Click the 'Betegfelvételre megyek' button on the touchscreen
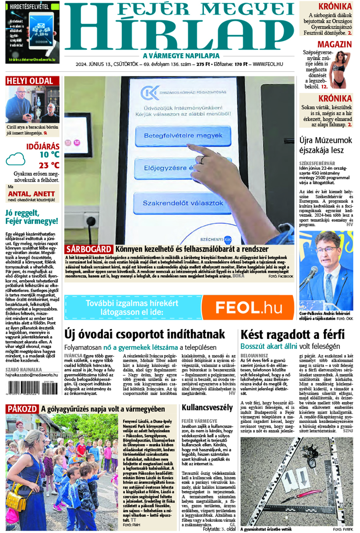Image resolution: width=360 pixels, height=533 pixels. tap(183, 136)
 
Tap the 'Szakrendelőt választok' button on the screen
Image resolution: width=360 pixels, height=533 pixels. tap(183, 203)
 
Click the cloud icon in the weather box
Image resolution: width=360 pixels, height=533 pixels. tap(15, 159)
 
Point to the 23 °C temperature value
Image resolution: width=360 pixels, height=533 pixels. tap(49, 165)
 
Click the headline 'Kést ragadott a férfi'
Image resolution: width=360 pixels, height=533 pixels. tap(292, 335)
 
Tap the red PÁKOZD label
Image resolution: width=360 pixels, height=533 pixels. tap(22, 409)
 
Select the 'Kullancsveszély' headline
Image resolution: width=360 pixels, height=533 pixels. tap(207, 408)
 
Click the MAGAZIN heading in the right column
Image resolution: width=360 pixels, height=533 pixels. tap(334, 44)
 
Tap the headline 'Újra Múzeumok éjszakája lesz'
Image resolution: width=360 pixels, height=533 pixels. tap(326, 145)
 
